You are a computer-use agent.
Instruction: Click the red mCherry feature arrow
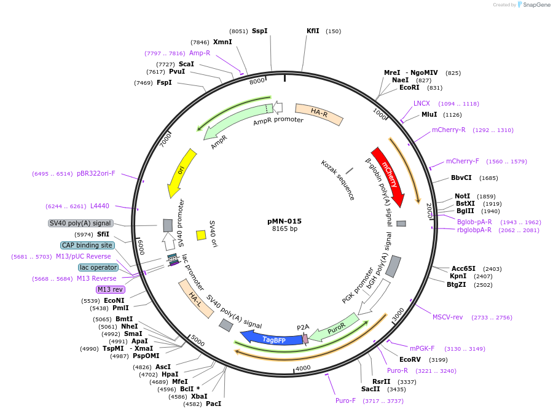[388, 176]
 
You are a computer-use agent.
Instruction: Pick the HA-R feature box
[319, 114]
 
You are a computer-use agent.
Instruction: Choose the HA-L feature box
[196, 299]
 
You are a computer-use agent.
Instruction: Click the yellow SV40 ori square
[201, 235]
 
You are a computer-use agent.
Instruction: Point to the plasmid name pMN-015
[284, 221]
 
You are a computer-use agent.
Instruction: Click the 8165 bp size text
[284, 229]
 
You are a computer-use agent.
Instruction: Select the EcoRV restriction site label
[410, 359]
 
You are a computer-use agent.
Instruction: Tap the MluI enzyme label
[429, 114]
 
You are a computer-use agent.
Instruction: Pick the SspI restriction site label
[259, 31]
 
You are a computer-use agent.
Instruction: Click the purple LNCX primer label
[422, 103]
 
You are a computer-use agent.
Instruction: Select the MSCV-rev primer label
[447, 317]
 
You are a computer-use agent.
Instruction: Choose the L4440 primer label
[100, 206]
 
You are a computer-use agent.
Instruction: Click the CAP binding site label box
[87, 245]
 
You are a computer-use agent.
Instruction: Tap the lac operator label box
[98, 267]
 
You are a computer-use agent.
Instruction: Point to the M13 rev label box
[110, 289]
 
